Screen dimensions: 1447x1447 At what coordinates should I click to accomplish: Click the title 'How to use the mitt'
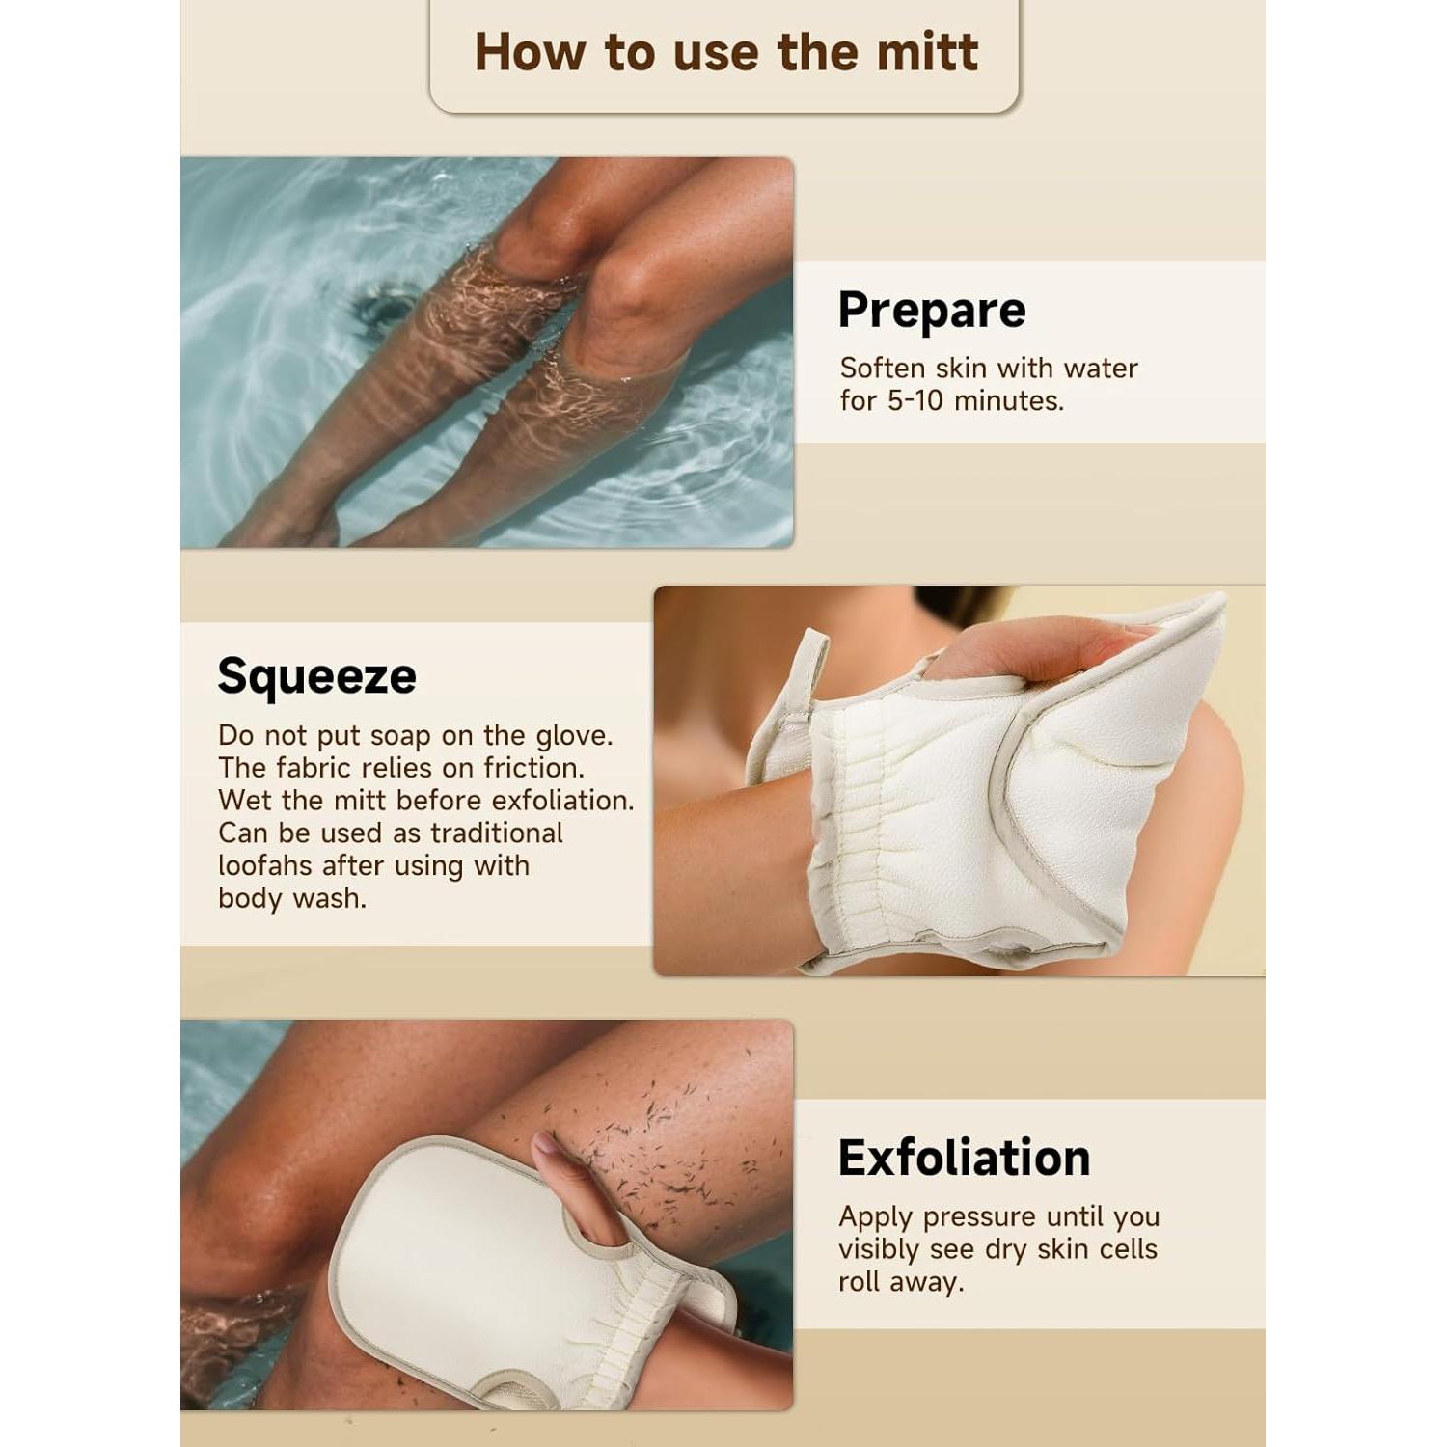tap(725, 52)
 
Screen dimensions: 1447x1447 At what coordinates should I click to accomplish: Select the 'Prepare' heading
tap(931, 311)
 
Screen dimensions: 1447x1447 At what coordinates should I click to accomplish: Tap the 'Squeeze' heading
tap(316, 675)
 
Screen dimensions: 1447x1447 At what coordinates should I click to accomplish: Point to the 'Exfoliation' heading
tap(964, 1158)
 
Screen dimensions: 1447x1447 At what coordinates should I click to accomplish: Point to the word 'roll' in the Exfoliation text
tap(859, 1282)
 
